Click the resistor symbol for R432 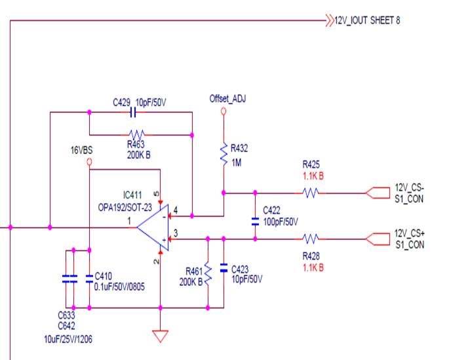click(x=224, y=152)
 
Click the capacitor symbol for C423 click(x=224, y=269)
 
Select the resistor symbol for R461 click(x=207, y=272)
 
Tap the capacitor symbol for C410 click(x=89, y=277)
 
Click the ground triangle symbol click(x=160, y=336)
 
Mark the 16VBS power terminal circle click(x=89, y=161)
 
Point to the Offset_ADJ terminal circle click(x=224, y=112)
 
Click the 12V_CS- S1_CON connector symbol click(x=376, y=193)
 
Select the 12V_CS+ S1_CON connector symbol click(x=376, y=239)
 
